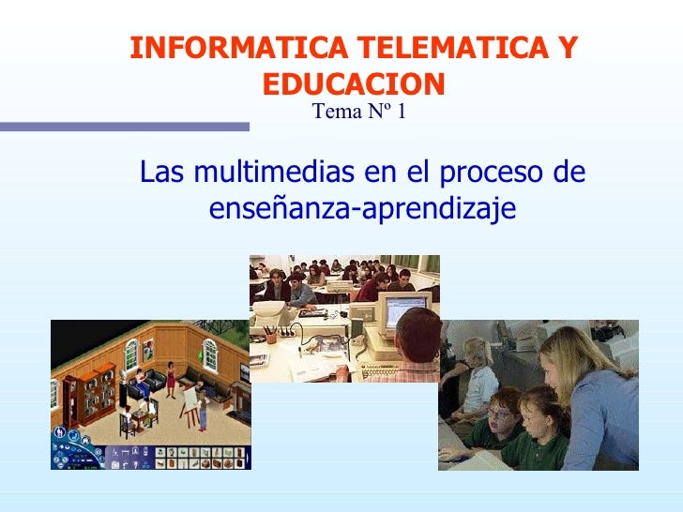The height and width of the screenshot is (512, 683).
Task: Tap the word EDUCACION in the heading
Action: point(353,84)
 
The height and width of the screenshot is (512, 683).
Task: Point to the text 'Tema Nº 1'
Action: point(358,113)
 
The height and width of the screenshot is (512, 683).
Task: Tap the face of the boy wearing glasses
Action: point(500,413)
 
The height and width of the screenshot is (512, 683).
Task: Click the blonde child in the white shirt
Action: point(478,375)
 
